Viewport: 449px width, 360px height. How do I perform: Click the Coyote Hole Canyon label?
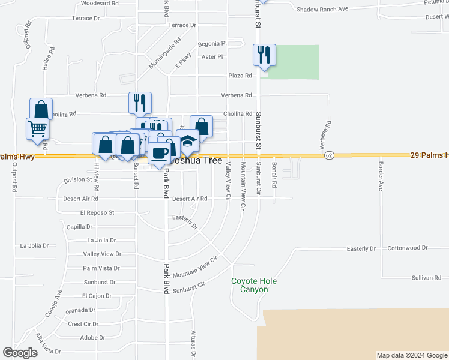pyautogui.click(x=250, y=285)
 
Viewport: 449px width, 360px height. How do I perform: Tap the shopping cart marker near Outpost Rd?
pyautogui.click(x=37, y=128)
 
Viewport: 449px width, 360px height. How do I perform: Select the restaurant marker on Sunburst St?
pyautogui.click(x=264, y=56)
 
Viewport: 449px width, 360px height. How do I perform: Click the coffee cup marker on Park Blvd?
pyautogui.click(x=160, y=154)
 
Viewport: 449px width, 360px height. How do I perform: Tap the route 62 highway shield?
pyautogui.click(x=328, y=155)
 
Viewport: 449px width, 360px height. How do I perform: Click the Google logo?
pyautogui.click(x=20, y=353)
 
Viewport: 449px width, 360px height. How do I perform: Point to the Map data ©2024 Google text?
pyautogui.click(x=411, y=355)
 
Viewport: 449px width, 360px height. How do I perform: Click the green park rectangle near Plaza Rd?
pyautogui.click(x=295, y=62)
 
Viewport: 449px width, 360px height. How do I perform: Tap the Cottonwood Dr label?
pyautogui.click(x=408, y=247)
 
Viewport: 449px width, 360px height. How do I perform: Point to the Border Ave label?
pyautogui.click(x=381, y=174)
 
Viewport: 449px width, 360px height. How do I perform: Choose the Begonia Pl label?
pyautogui.click(x=214, y=43)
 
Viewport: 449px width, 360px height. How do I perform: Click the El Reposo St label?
pyautogui.click(x=97, y=212)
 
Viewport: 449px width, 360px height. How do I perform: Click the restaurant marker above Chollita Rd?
pyautogui.click(x=140, y=103)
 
